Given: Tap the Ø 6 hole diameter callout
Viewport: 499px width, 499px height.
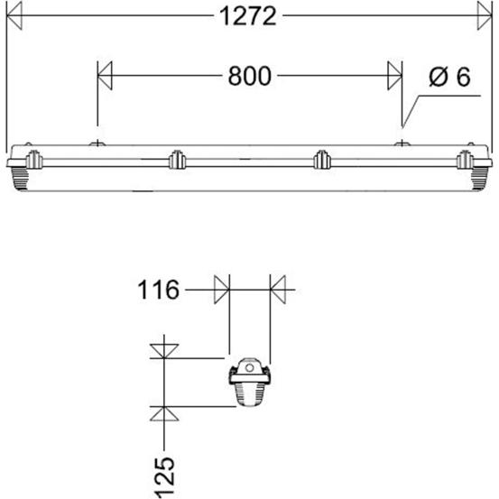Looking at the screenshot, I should coord(449,78).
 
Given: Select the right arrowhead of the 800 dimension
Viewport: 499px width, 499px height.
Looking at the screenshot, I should coord(393,76).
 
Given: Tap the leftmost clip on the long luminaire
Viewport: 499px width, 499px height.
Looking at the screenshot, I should coord(32,161).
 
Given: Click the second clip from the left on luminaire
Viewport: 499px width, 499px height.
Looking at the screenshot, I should coord(175,161).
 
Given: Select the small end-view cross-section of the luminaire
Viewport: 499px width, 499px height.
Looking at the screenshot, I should coord(250,384).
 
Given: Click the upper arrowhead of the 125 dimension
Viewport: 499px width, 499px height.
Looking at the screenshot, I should coord(162,347).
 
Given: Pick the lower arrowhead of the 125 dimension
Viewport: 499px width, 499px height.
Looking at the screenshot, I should coord(162,413).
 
